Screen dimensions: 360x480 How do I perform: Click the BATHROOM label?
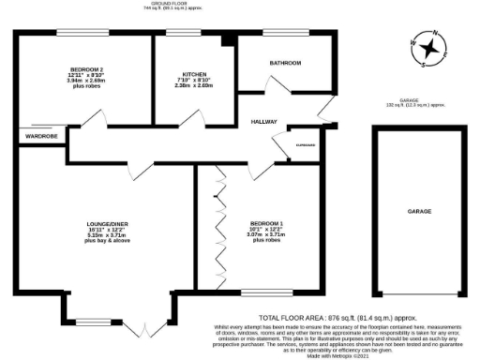(x=286, y=63)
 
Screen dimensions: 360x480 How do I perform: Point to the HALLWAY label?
(x=267, y=123)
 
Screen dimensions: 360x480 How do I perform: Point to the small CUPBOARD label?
(x=305, y=145)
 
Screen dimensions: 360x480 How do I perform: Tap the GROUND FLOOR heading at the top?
(x=165, y=4)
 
